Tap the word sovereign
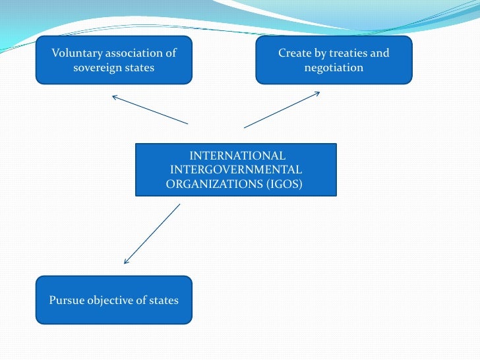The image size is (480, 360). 99,68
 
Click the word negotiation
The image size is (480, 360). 334,68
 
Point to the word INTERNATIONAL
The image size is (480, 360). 237,156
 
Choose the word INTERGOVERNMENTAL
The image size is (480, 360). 236,171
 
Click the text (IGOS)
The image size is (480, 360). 285,185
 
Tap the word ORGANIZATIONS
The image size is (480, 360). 214,185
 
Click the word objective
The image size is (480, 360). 111,300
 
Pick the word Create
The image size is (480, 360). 294,53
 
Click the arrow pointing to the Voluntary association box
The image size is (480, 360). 150,110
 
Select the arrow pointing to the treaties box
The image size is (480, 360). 282,109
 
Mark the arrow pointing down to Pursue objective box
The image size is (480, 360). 152,233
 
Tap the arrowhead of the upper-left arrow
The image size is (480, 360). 113,97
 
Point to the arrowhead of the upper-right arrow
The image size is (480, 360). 318,92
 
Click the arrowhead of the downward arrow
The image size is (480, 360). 126,262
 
